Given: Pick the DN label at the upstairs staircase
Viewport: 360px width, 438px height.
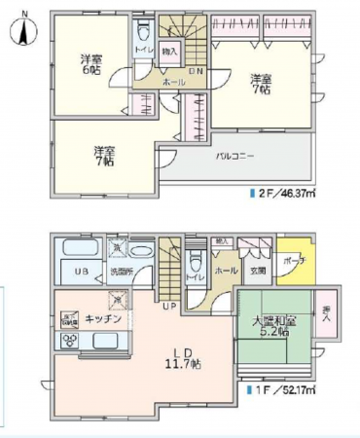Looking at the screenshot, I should [195, 71].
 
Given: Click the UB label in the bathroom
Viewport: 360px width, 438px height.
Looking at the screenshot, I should [84, 271].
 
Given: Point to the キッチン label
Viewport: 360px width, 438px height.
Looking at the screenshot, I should [103, 318].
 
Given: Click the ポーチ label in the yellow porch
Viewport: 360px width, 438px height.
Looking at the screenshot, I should [296, 262].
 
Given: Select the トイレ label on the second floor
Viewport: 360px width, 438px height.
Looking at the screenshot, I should [142, 49].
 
